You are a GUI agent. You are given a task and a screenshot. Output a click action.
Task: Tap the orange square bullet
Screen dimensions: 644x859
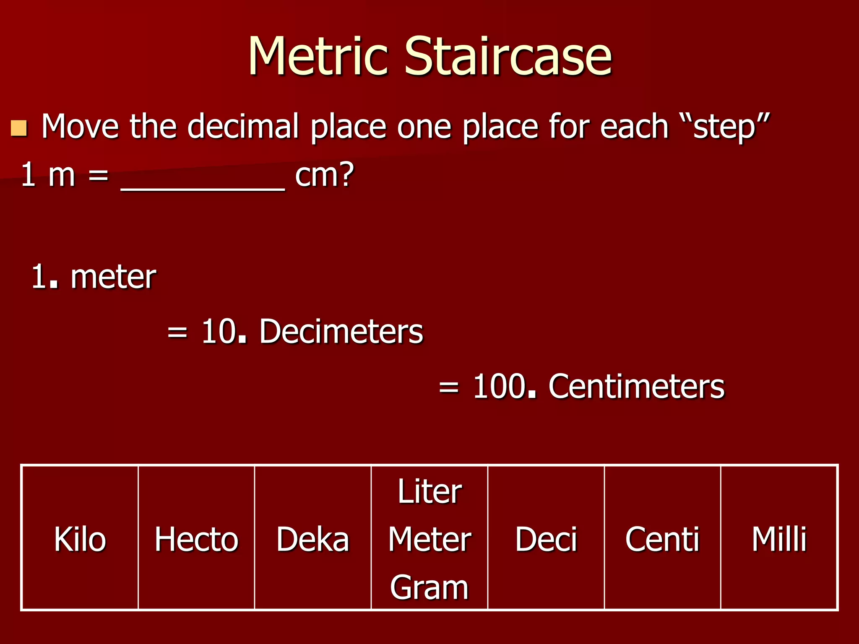click(x=19, y=128)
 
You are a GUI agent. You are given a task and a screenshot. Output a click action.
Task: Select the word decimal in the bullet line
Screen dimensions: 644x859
click(x=243, y=126)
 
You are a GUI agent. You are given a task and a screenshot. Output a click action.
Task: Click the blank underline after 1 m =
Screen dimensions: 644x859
click(x=203, y=184)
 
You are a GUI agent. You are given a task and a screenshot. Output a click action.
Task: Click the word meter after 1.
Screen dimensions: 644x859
click(x=113, y=277)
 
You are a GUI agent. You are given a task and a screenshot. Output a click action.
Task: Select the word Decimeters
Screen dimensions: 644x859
click(x=341, y=332)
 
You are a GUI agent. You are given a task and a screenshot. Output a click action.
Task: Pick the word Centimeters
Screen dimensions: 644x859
click(x=636, y=386)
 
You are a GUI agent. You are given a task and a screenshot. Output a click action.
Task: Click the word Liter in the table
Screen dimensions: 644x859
click(x=429, y=491)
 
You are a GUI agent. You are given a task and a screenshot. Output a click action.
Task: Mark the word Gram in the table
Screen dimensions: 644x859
click(x=429, y=587)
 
